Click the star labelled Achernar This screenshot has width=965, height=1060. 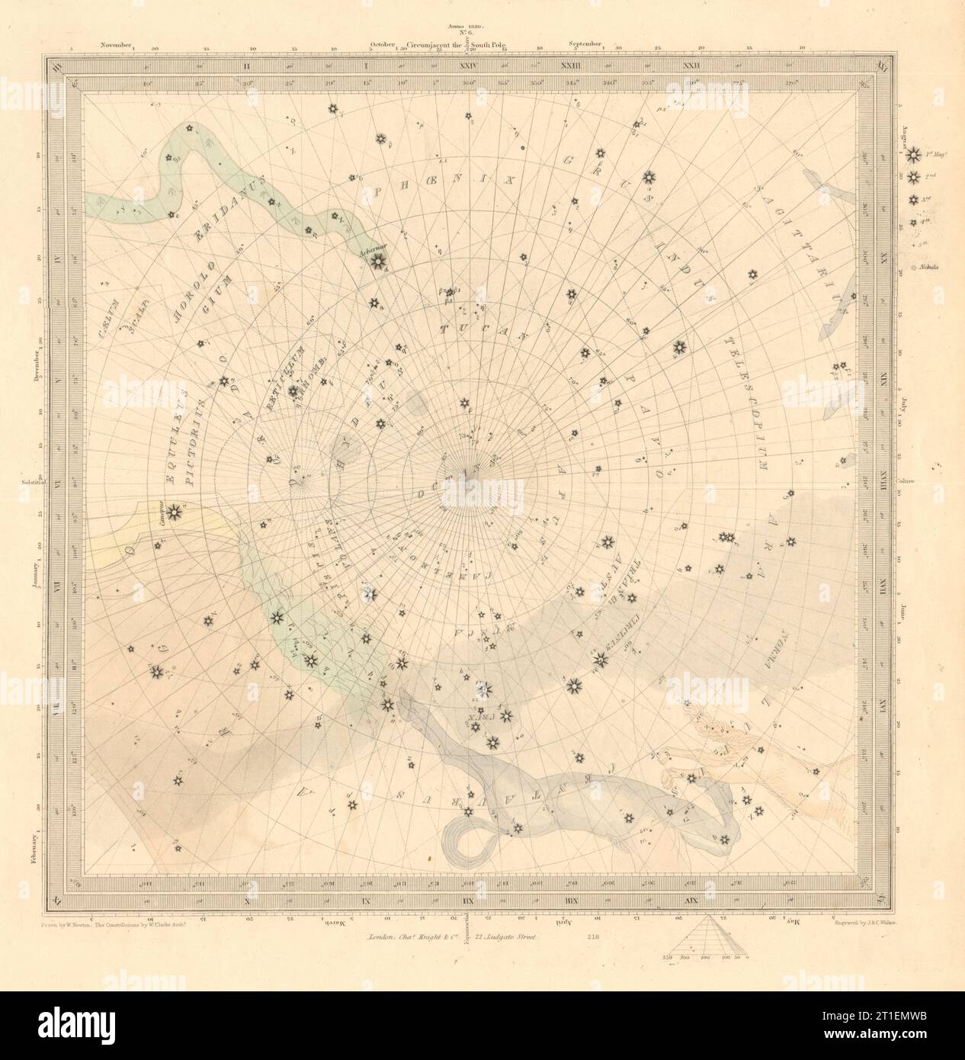click(x=376, y=262)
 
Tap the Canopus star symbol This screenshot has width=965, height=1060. click(x=175, y=512)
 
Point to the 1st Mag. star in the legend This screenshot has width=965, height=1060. click(x=912, y=156)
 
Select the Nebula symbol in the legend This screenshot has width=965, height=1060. click(x=913, y=268)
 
